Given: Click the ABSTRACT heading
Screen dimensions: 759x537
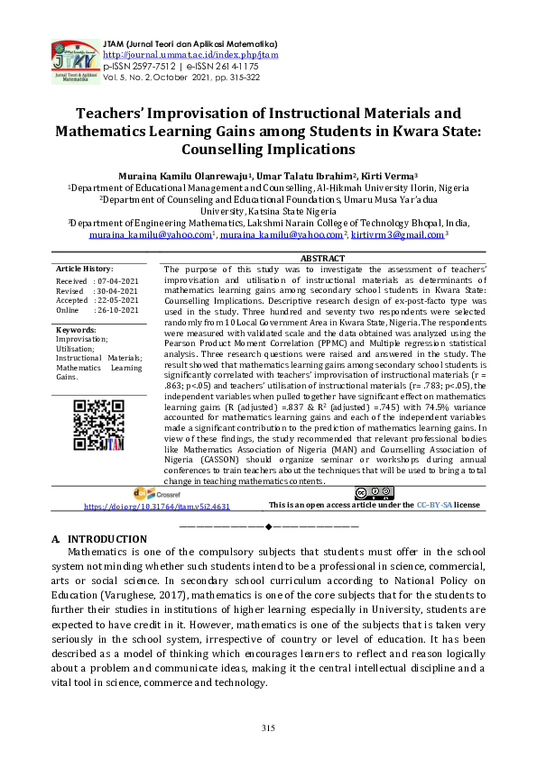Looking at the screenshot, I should pyautogui.click(x=322, y=259).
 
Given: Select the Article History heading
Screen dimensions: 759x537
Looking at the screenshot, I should pyautogui.click(x=84, y=269).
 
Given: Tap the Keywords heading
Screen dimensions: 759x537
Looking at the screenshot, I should pyautogui.click(x=77, y=330).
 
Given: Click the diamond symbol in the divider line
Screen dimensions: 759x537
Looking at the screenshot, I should pyautogui.click(x=268, y=526).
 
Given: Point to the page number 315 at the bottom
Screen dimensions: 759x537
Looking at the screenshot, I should pyautogui.click(x=268, y=728).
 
